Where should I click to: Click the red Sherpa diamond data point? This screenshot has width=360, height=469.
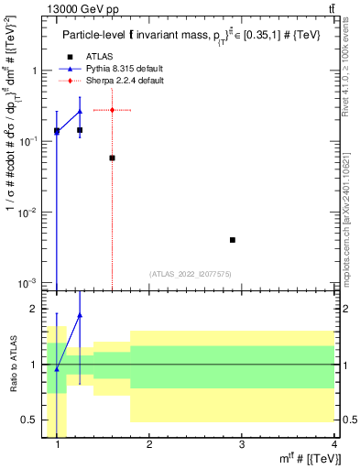112,110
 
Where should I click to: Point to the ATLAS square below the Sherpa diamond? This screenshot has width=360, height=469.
112,158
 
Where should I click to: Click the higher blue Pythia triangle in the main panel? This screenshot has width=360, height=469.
80,111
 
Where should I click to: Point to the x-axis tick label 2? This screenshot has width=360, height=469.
149,445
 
